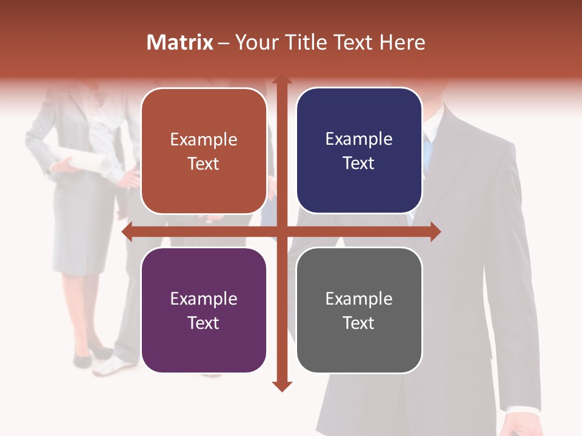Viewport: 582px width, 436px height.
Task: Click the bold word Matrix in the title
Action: (179, 42)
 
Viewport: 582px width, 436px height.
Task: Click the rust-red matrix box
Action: (204, 151)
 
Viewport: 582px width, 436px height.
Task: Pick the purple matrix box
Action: (204, 310)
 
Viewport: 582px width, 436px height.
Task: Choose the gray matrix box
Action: (359, 310)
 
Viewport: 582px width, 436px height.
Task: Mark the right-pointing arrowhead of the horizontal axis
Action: (435, 231)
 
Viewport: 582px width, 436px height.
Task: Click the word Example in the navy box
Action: (359, 139)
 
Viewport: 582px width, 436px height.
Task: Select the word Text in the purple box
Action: (204, 323)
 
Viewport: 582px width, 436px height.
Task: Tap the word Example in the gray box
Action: (359, 299)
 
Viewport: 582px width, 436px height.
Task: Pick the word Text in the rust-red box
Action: (204, 163)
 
